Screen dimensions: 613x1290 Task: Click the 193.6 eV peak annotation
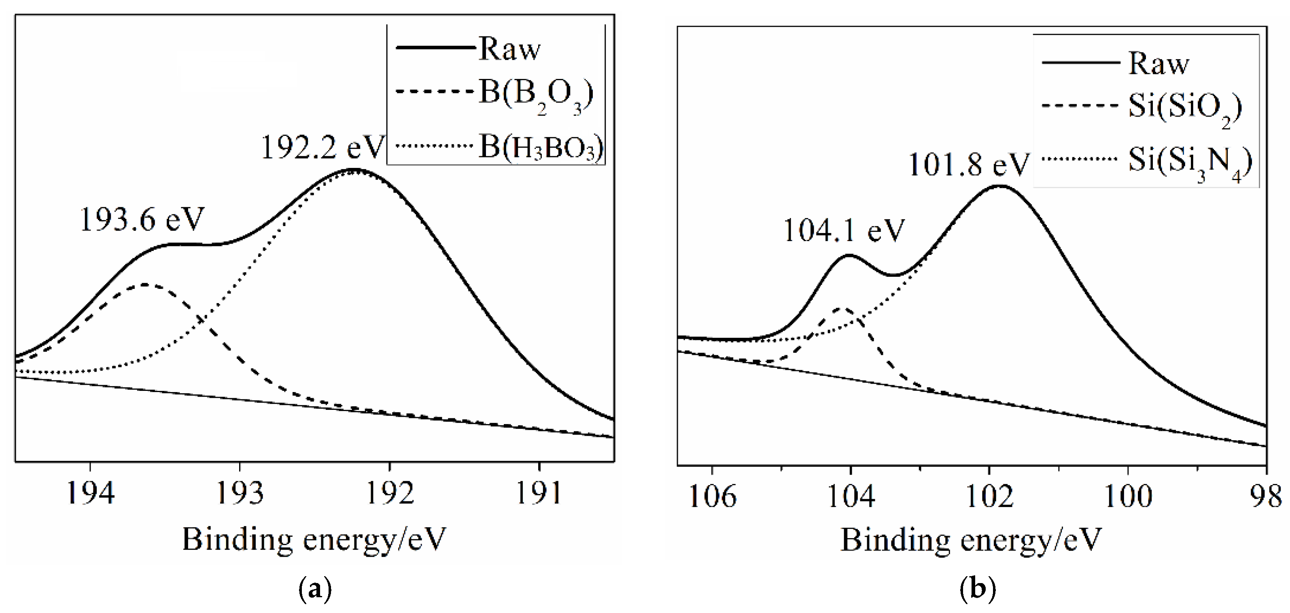[142, 219]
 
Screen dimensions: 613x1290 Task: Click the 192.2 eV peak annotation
[323, 148]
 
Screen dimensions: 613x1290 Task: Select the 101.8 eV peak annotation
[968, 164]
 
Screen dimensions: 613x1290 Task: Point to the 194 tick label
[90, 493]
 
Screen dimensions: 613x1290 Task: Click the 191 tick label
[539, 493]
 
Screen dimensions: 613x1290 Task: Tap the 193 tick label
[240, 493]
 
